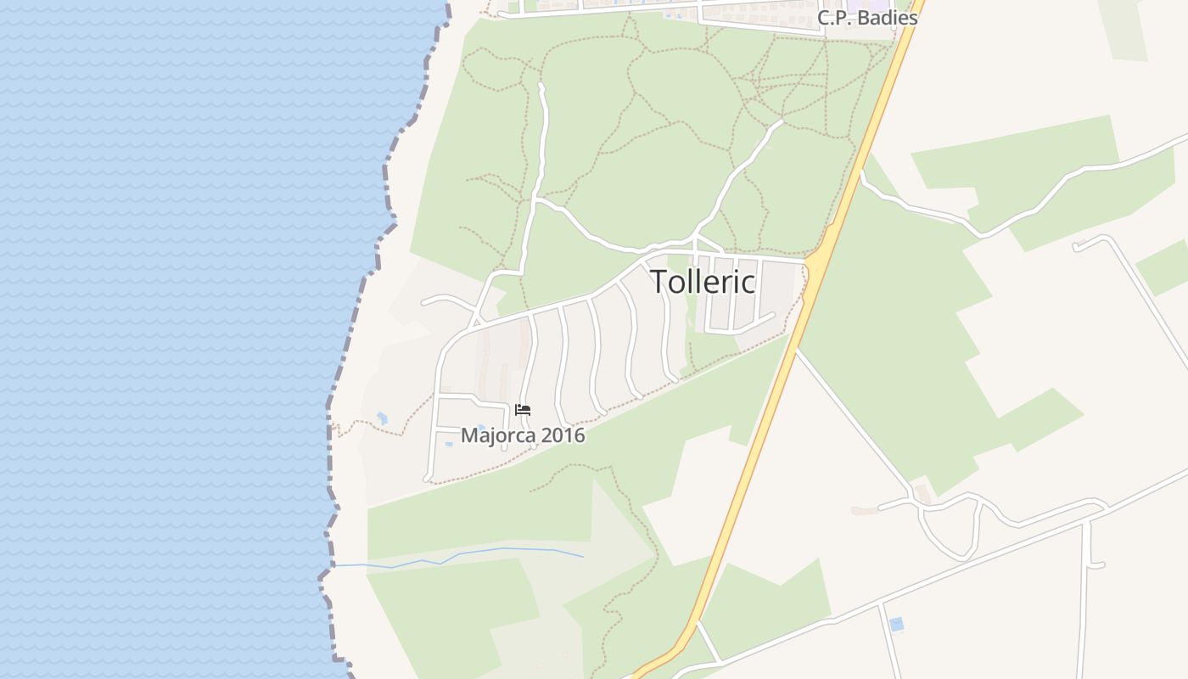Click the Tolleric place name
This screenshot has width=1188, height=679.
pyautogui.click(x=703, y=282)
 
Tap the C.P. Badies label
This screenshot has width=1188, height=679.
pyautogui.click(x=867, y=18)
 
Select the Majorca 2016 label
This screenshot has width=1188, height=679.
pyautogui.click(x=523, y=435)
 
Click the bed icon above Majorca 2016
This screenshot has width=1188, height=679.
pyautogui.click(x=523, y=410)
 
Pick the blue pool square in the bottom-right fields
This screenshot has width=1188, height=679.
pyautogui.click(x=896, y=625)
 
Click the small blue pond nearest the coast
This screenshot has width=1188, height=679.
pyautogui.click(x=382, y=418)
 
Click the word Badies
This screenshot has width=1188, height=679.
pyautogui.click(x=887, y=18)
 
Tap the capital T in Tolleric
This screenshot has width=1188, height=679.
pyautogui.click(x=658, y=282)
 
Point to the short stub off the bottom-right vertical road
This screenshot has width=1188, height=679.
pyautogui.click(x=1096, y=564)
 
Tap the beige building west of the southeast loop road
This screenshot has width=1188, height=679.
pyautogui.click(x=865, y=511)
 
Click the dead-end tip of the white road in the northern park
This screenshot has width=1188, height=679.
pyautogui.click(x=541, y=86)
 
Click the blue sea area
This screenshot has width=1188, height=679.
pyautogui.click(x=170, y=339)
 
